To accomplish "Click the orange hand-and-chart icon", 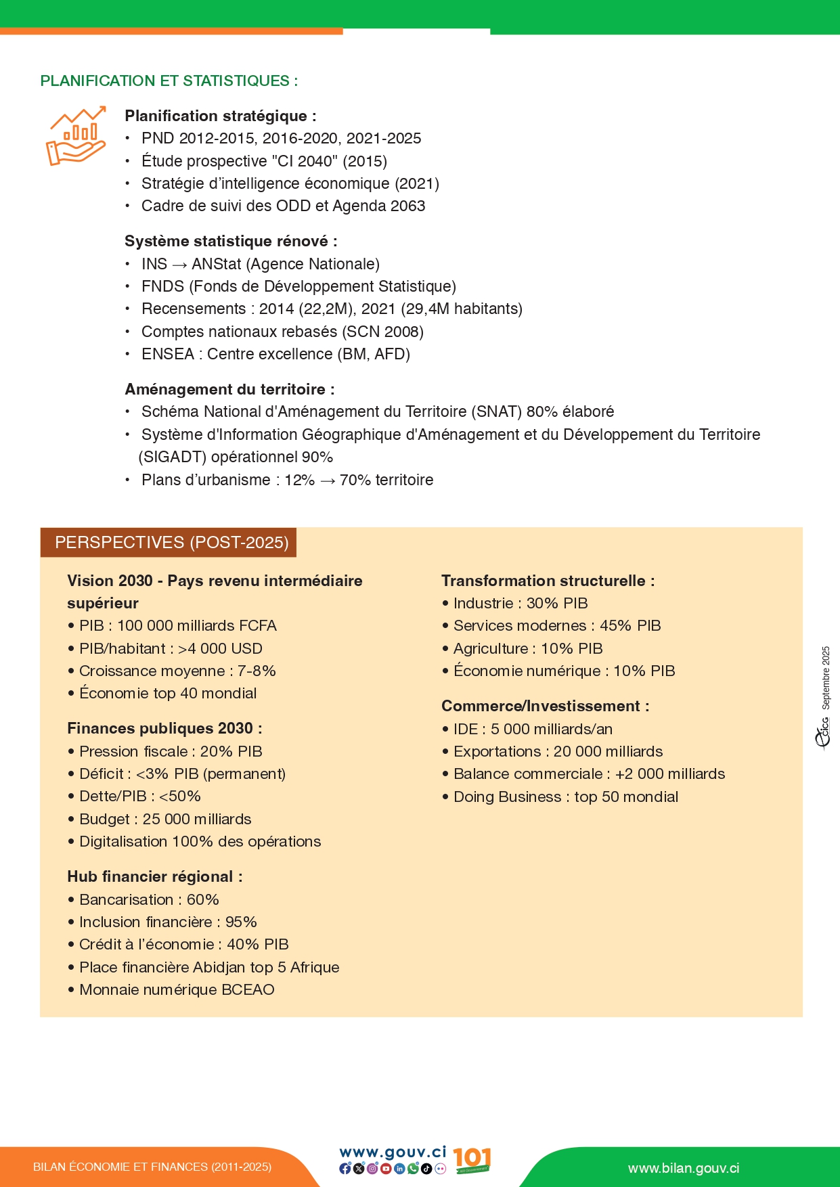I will pos(76,135).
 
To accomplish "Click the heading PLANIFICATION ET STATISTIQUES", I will pos(169,81).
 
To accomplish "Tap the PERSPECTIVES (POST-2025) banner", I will pos(171,543).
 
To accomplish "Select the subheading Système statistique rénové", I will pos(230,242).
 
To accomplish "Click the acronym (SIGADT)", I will pos(172,457).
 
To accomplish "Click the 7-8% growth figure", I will pos(257,671).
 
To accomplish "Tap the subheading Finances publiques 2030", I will pos(164,729).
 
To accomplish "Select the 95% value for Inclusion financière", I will pos(241,922).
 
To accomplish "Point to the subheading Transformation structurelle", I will pos(548,581).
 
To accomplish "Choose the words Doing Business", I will pos(507,797).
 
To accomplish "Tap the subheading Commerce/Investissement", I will pos(545,707).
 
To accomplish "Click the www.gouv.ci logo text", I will pos(393,1152).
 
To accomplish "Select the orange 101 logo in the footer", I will pos(472,1159).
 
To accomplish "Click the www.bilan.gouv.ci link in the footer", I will pos(683,1169).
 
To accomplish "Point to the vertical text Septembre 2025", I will pos(826,677).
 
